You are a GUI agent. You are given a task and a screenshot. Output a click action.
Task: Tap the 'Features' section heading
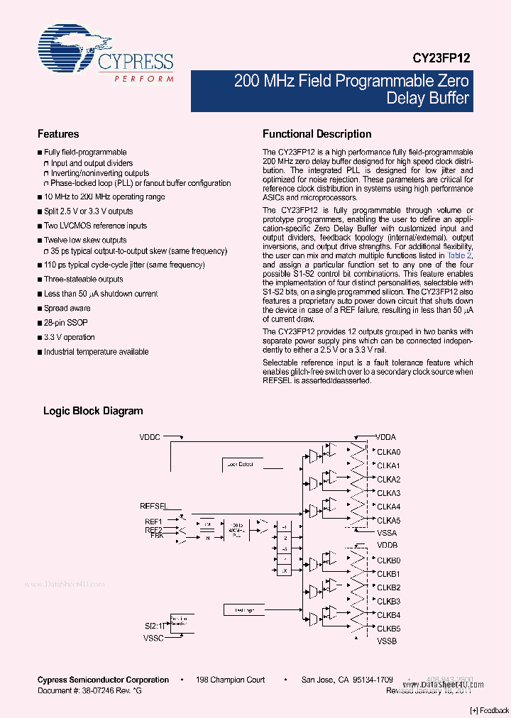[x=58, y=134]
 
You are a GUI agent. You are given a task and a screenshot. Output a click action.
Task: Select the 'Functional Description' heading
[x=317, y=134]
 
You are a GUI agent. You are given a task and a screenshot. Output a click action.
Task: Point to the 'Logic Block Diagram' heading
[x=93, y=411]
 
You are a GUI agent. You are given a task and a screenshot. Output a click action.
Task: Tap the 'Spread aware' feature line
[x=67, y=308]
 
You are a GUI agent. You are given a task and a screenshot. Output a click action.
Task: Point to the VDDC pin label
[x=150, y=438]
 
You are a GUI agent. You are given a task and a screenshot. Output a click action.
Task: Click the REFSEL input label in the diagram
[x=153, y=506]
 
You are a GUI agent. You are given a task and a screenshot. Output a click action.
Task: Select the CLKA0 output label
[x=389, y=452]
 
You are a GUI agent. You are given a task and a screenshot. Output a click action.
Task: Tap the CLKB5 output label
[x=389, y=629]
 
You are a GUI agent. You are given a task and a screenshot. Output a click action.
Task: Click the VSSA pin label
[x=387, y=533]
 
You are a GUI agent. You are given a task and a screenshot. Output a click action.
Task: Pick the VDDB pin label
[x=388, y=546]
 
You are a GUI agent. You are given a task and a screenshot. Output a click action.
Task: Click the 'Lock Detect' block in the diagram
[x=239, y=464]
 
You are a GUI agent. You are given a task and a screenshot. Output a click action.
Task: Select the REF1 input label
[x=154, y=521]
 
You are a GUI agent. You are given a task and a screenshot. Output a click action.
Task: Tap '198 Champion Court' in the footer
[x=230, y=680]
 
